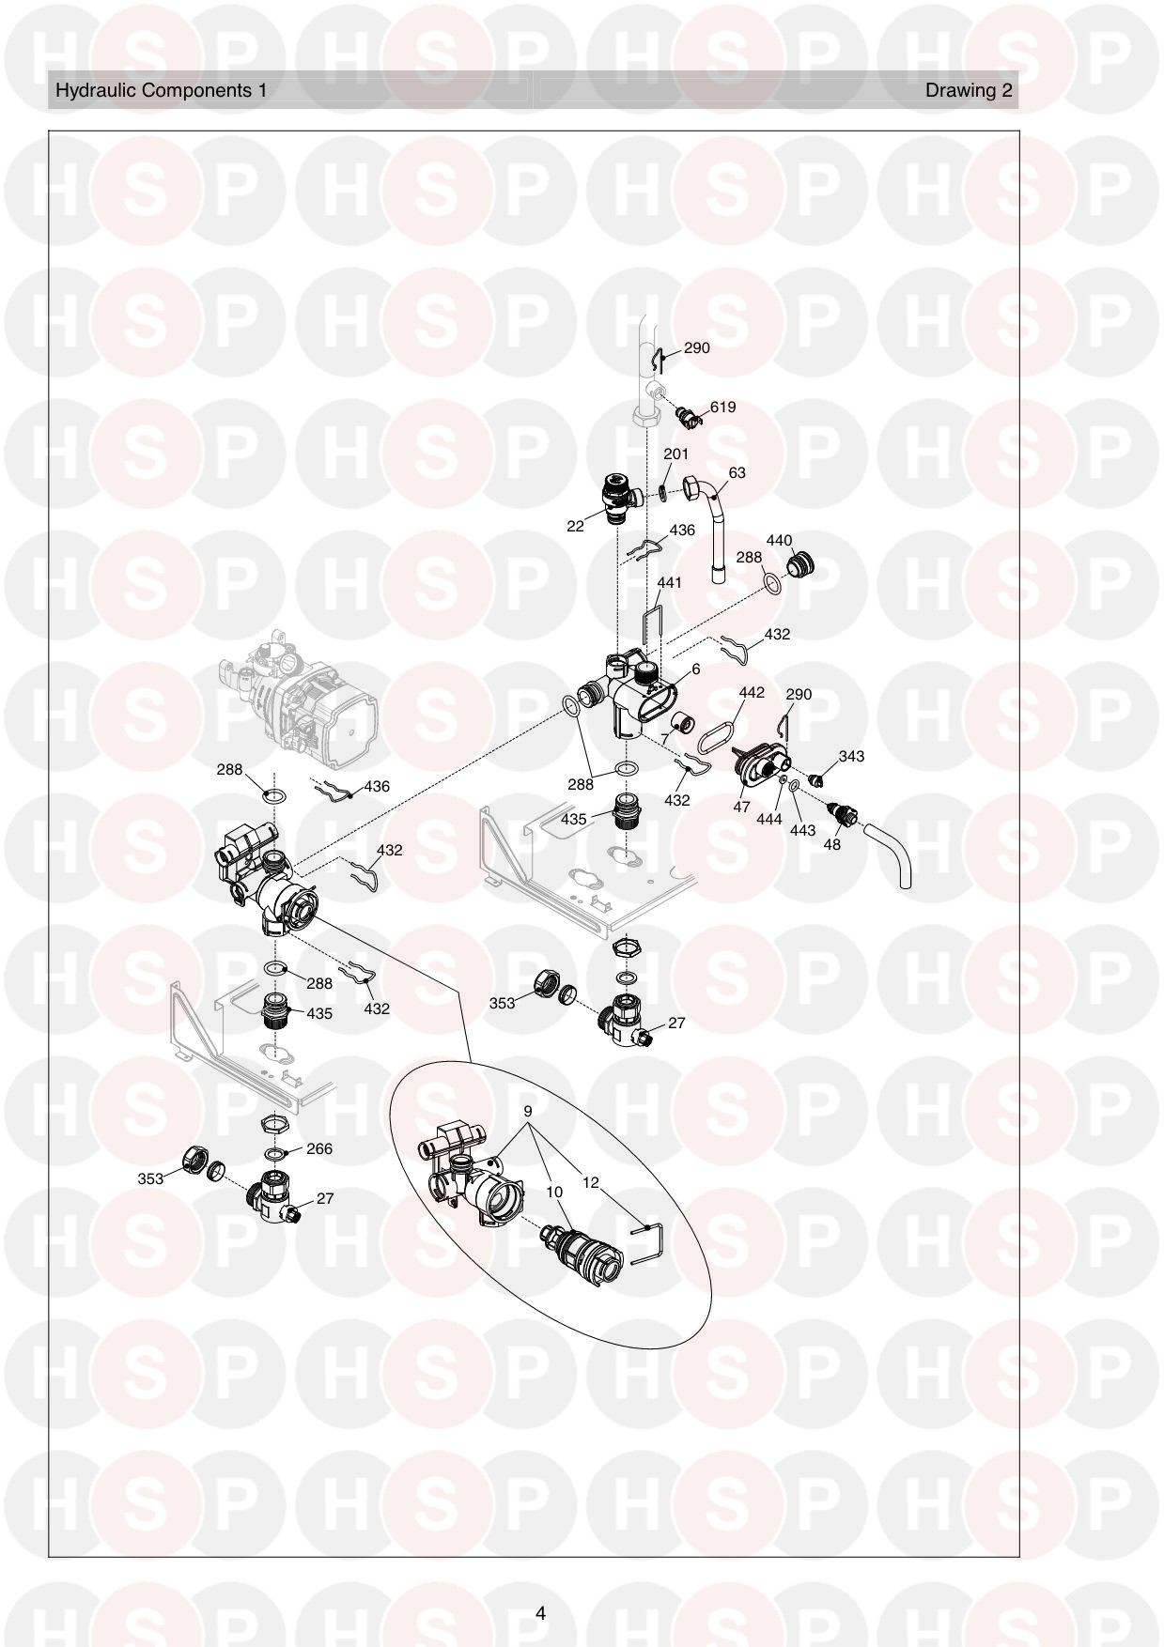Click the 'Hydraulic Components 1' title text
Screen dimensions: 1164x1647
pos(161,90)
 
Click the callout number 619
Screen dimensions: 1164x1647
pos(722,407)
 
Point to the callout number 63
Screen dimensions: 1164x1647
pos(737,472)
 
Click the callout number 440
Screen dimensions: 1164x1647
pos(780,540)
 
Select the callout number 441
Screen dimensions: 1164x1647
pos(670,582)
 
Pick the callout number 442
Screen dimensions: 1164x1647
pos(752,692)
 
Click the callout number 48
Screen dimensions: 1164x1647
pos(831,844)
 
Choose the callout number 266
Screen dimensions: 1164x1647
pos(319,1148)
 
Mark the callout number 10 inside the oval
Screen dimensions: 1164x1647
pos(554,1192)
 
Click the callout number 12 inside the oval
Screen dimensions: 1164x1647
pos(590,1182)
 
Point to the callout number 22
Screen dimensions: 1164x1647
pos(575,526)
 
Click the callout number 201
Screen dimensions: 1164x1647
pos(676,454)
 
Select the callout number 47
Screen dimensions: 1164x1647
pos(741,807)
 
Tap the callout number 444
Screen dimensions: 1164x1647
pos(769,819)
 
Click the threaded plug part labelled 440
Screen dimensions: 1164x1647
pos(799,566)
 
